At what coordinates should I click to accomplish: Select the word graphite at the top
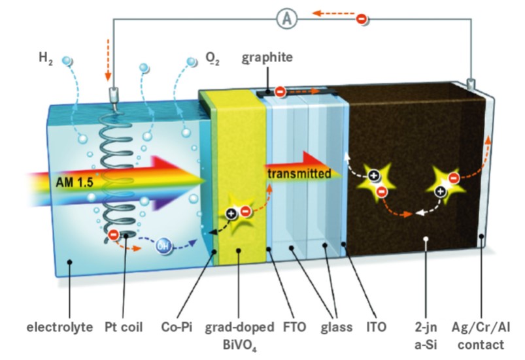click(x=267, y=57)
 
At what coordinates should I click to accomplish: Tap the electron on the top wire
click(x=361, y=18)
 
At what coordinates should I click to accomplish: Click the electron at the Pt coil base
click(x=113, y=233)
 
